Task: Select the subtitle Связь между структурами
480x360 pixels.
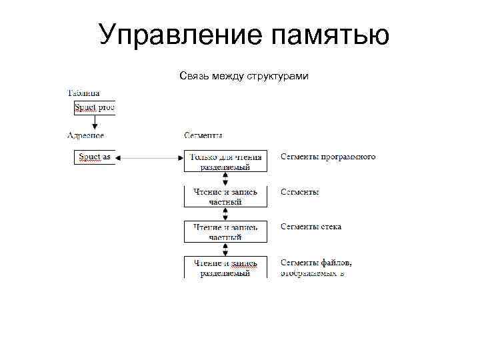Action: tap(244, 77)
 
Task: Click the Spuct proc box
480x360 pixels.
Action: tap(94, 108)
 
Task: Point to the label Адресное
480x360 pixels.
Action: tap(85, 135)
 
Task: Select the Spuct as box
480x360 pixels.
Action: tap(94, 157)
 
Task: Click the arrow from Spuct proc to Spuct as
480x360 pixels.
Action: tap(94, 123)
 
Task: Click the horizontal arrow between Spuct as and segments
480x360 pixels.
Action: tap(149, 158)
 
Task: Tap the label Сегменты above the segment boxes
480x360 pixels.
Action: tap(203, 135)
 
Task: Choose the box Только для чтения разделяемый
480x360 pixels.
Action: tap(225, 161)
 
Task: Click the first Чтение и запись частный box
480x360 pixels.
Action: tap(225, 197)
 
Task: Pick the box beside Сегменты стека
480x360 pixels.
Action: tap(225, 231)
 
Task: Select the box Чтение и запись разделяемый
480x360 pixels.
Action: tap(225, 267)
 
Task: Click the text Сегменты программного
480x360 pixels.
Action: tap(328, 157)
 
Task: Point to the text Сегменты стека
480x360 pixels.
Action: tap(311, 227)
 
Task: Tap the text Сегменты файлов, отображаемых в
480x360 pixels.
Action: tap(317, 267)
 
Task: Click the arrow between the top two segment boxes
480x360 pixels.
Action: tap(225, 179)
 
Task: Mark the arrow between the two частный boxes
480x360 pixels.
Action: tap(225, 214)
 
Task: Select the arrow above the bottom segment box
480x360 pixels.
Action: tap(225, 249)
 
